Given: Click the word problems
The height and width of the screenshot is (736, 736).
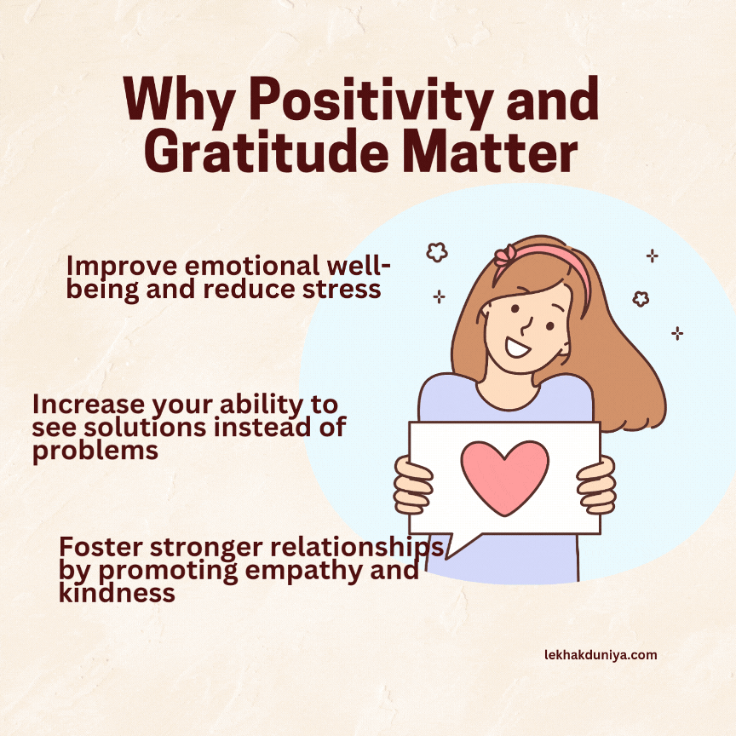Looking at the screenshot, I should [95, 450].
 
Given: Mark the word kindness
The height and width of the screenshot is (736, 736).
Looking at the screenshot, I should [117, 592].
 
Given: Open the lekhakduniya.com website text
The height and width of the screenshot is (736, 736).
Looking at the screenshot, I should [600, 655].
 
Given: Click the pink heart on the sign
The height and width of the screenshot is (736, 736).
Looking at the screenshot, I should [504, 477].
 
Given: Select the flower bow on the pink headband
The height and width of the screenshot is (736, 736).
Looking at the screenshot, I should [506, 254].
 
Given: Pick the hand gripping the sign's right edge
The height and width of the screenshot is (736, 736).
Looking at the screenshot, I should [597, 486].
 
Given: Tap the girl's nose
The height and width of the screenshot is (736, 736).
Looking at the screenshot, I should [526, 325].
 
